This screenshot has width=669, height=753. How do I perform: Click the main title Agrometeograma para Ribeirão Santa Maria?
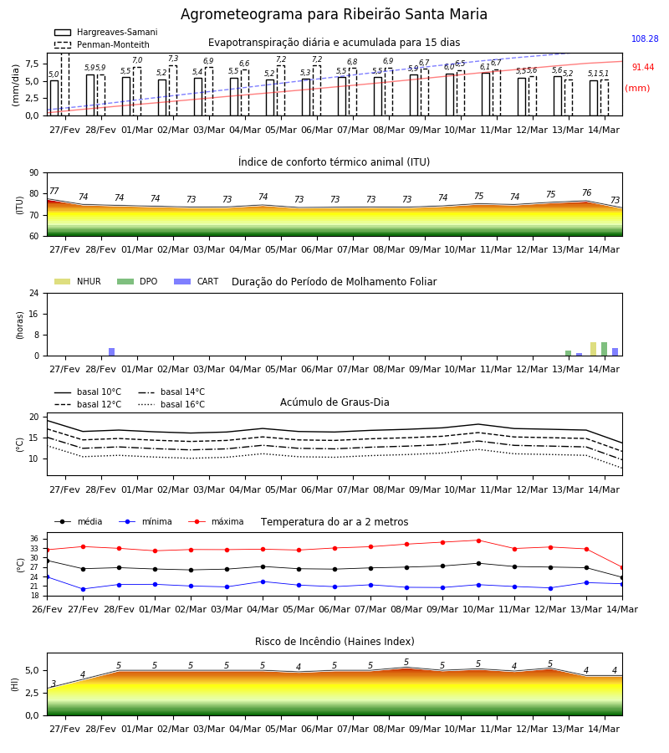coord(334,14)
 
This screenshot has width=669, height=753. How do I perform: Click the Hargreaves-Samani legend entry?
coord(106,32)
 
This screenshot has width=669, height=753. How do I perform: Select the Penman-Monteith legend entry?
coord(102,44)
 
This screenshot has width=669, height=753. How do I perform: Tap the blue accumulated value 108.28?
coord(645,38)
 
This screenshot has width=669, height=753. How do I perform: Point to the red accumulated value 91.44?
coord(643,67)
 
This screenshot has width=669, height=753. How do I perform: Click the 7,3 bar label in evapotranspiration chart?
coord(173,59)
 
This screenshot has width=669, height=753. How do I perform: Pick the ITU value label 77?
coord(54,191)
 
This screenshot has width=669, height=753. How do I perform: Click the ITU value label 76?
coord(586,192)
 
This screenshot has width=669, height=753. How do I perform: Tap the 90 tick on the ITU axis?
coord(34,173)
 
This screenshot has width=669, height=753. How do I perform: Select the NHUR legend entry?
coord(78,281)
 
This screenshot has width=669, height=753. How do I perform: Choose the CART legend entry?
coord(197,281)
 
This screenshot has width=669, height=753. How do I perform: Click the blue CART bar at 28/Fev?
coord(112,352)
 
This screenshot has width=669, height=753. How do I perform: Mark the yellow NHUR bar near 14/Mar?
coord(593,349)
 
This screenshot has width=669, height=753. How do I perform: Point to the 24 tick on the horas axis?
coord(34,294)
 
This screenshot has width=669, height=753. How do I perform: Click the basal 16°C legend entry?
coord(171,404)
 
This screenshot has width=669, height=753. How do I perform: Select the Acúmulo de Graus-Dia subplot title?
coord(334,402)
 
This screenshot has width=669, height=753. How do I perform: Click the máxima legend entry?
coord(216,521)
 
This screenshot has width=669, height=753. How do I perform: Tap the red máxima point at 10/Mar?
coord(478,540)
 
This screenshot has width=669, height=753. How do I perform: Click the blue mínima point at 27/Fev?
coord(83,589)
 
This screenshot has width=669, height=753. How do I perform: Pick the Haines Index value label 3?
coord(54,684)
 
